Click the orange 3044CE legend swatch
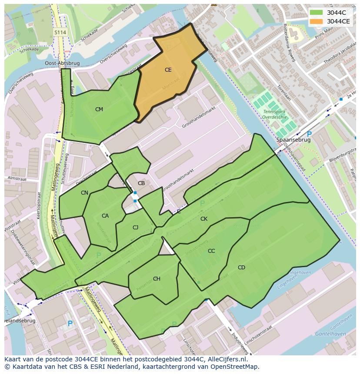click(x=316, y=21)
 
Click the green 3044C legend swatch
click(x=316, y=13)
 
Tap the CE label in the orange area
click(x=168, y=70)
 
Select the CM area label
click(x=99, y=109)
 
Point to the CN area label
click(x=84, y=193)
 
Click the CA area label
click(x=105, y=216)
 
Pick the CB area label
click(x=141, y=183)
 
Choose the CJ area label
click(x=136, y=228)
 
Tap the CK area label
click(x=204, y=219)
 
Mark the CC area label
click(x=211, y=251)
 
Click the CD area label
click(x=241, y=268)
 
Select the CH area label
click(x=157, y=279)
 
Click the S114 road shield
click(x=60, y=33)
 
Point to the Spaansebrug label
click(x=293, y=140)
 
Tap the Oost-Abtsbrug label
click(x=62, y=63)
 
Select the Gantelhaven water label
click(x=330, y=334)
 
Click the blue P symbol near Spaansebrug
click(x=309, y=134)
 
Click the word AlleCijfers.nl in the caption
click(x=226, y=359)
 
